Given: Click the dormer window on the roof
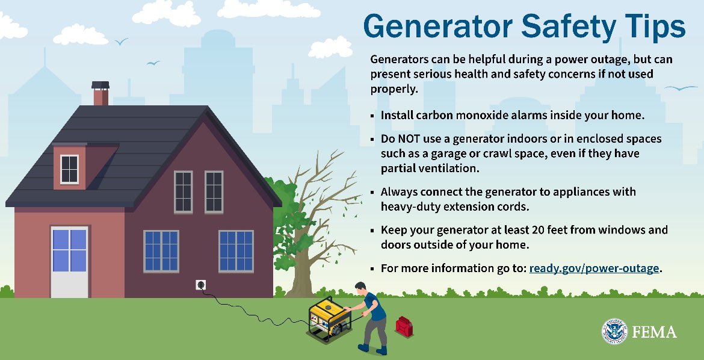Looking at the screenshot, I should (x=69, y=169).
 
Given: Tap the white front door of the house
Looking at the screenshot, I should (x=69, y=261).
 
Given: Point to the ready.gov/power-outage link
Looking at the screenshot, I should (x=594, y=268).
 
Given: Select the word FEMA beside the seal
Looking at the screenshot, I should (x=654, y=332).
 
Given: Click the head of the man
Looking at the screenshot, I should (x=360, y=287).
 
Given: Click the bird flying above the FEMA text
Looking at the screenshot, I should (x=680, y=88).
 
